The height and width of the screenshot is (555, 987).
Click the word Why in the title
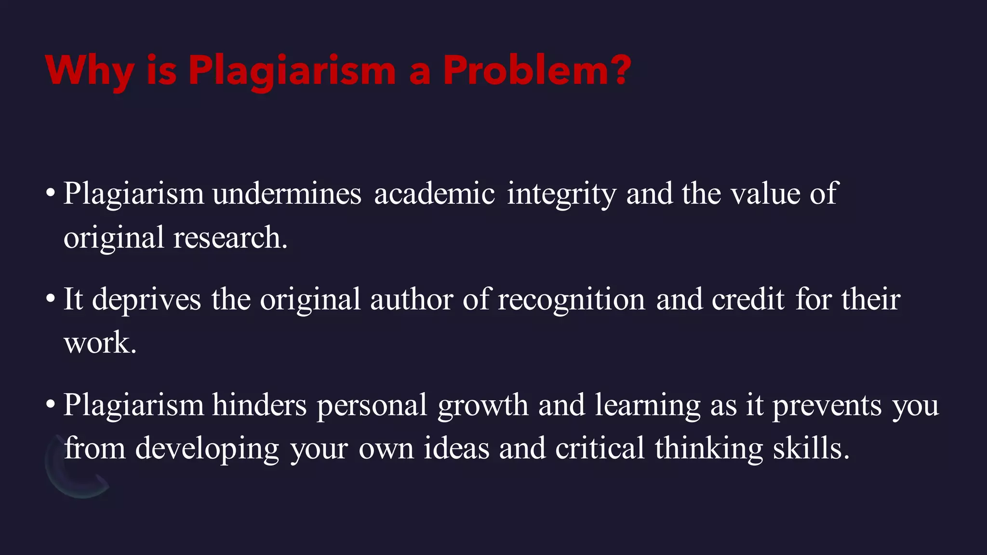point(89,71)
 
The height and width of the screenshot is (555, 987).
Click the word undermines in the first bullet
point(287,194)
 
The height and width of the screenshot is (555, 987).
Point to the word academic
point(434,194)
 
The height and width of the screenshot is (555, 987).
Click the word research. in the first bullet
point(230,238)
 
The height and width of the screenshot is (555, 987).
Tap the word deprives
point(147,300)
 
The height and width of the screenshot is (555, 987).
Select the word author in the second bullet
point(412,299)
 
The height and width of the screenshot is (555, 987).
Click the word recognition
point(571,300)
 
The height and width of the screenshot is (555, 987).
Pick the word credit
point(748,299)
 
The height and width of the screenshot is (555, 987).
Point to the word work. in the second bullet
point(100,343)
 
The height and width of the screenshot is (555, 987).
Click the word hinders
point(259,405)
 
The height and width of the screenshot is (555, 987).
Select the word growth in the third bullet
point(483,406)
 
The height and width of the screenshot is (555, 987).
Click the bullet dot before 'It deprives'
point(50,299)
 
